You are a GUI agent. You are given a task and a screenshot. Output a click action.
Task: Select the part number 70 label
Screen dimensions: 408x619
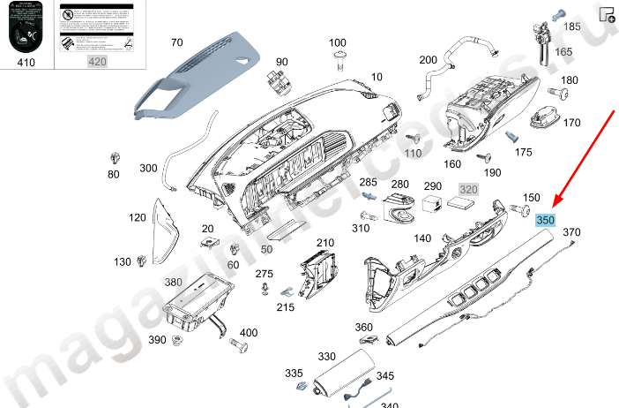coord(176,42)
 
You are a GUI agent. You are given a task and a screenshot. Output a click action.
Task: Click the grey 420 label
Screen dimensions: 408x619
coord(96,61)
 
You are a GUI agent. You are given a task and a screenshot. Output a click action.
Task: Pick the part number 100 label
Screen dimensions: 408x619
coord(338,42)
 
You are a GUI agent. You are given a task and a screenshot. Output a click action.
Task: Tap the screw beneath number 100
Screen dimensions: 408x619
coord(339,58)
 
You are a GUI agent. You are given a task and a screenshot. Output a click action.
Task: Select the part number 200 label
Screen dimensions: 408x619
coord(428,60)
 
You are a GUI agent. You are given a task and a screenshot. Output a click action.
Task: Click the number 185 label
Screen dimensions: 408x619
coord(572,27)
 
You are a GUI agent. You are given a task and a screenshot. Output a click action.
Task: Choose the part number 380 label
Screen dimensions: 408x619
coord(173,283)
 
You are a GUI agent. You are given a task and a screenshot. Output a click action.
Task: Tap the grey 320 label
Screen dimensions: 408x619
coord(467,189)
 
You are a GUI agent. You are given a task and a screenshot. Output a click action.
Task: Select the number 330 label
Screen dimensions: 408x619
coord(327,356)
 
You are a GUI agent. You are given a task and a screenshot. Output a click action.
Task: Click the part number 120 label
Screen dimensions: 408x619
coord(137,217)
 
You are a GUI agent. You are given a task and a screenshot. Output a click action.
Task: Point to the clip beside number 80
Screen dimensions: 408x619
coord(114,158)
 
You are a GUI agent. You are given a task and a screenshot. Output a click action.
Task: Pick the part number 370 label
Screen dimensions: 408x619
coord(571,232)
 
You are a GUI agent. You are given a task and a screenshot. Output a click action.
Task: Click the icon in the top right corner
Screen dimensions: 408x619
coord(607,14)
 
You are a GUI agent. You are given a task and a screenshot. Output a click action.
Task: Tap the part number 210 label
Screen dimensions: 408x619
coord(325,243)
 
